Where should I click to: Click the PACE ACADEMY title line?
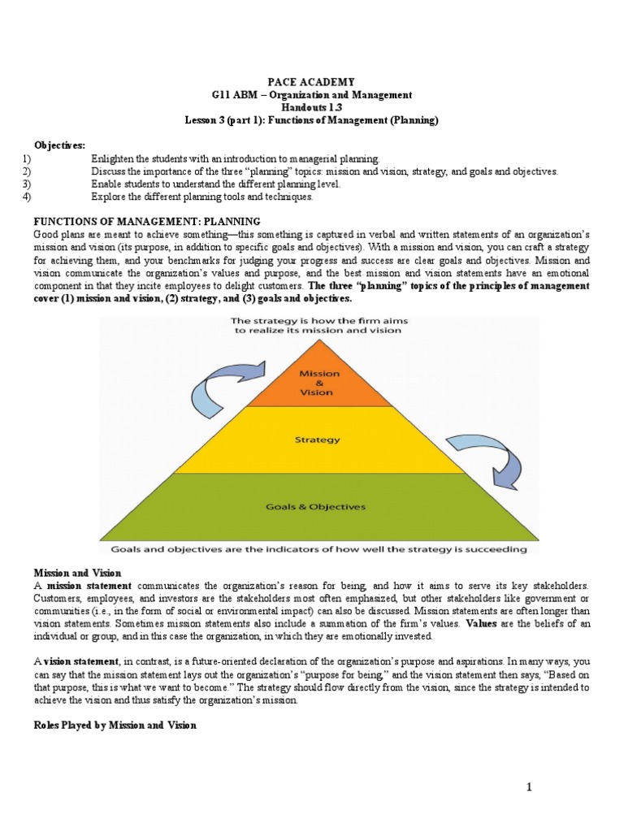click(x=312, y=83)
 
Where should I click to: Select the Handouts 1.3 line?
click(x=312, y=108)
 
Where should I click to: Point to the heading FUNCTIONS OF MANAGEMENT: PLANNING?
click(x=146, y=221)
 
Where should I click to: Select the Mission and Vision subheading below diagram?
click(x=76, y=573)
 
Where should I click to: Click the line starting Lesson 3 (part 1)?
click(x=312, y=120)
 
